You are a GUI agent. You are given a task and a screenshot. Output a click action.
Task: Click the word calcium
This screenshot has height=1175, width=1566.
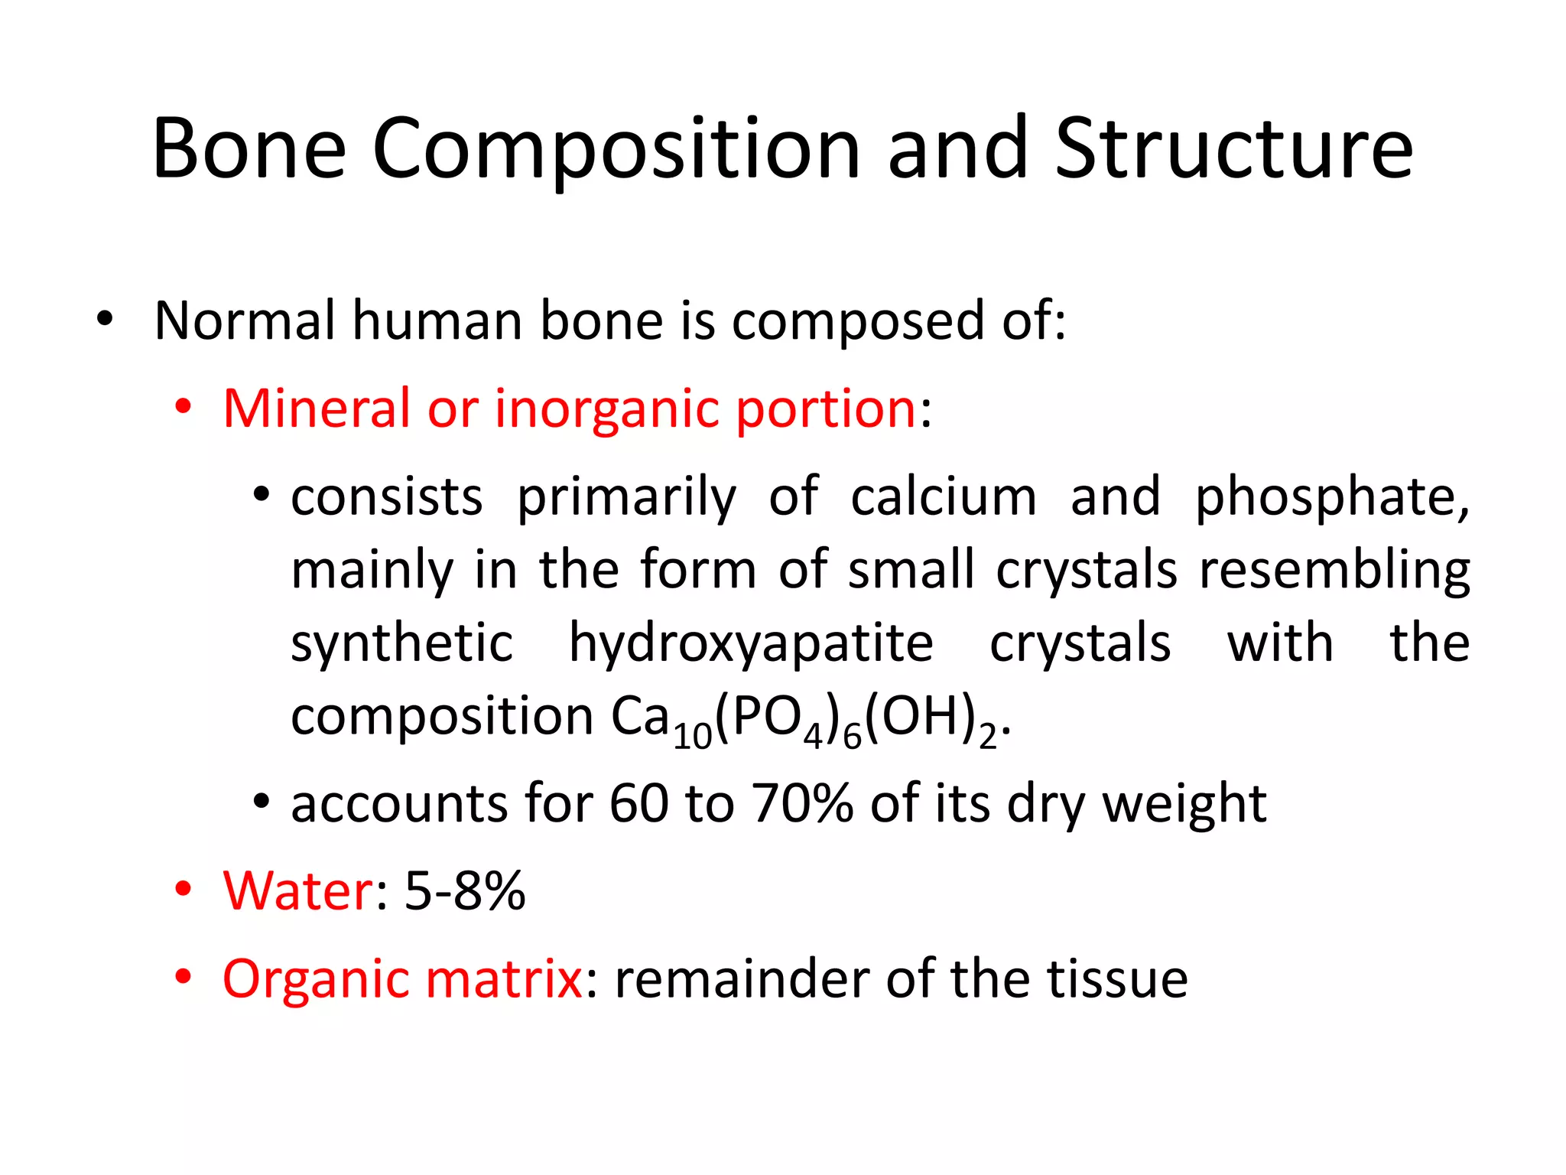click(x=944, y=497)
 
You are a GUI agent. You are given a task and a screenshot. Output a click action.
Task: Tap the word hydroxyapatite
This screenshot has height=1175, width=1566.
click(x=751, y=644)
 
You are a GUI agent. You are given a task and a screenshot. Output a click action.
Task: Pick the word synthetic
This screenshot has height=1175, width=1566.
click(x=402, y=644)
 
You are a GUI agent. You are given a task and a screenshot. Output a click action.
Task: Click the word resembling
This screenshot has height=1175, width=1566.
click(x=1334, y=571)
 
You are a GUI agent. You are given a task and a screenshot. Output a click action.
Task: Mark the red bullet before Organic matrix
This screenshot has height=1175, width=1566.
click(x=183, y=977)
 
